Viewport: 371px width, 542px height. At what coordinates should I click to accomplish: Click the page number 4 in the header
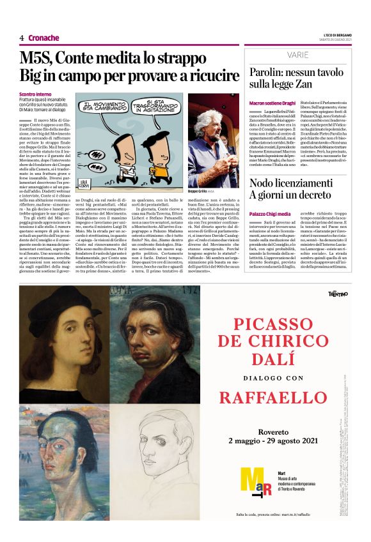click(22, 38)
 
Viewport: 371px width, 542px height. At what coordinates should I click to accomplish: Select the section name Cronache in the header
click(43, 38)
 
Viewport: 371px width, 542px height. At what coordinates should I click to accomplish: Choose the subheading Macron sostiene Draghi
click(272, 103)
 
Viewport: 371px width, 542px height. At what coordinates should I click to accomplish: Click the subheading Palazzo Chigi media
click(270, 213)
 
